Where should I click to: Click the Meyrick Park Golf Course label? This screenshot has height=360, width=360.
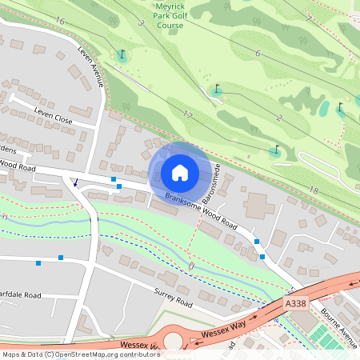click(169, 15)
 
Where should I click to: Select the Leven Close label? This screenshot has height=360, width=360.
click(53, 113)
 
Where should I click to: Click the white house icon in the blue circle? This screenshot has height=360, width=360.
click(180, 172)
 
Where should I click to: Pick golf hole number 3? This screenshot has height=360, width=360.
click(141, 23)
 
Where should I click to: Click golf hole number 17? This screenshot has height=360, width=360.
click(187, 115)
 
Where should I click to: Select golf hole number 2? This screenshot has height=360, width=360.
click(279, 118)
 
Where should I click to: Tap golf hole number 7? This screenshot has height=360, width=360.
click(309, 17)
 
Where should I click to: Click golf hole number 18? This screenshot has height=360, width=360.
click(313, 190)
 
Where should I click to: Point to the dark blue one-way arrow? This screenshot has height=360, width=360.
click(75, 182)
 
